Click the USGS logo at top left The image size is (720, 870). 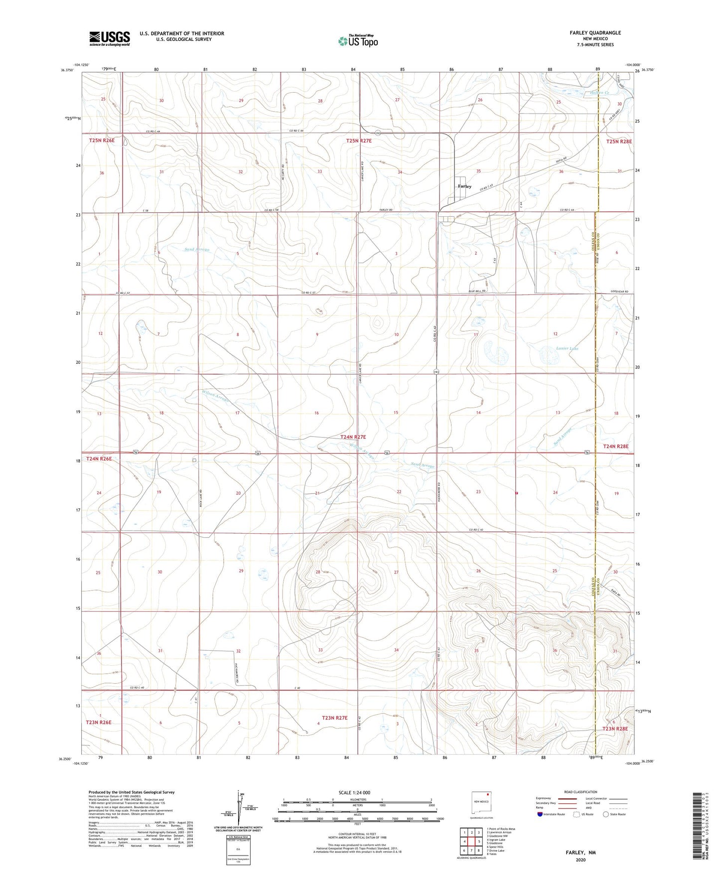pos(110,38)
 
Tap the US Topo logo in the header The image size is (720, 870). pos(357,40)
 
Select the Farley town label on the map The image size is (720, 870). pos(464,186)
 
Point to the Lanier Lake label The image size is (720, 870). pos(567,349)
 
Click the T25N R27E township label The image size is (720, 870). pos(359,141)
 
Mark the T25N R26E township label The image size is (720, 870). pos(102,141)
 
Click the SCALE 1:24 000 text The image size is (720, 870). pos(354,792)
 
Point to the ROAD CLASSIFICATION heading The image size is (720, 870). pos(580,792)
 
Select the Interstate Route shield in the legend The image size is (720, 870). pos(541,814)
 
